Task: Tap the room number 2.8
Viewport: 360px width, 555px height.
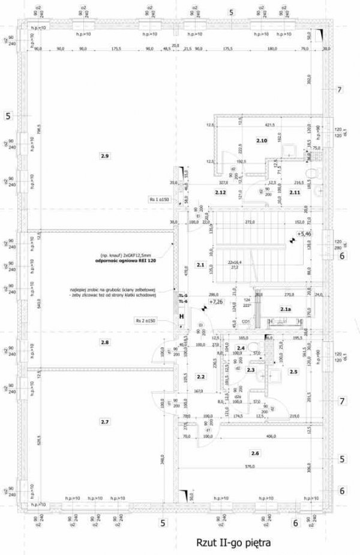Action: click(105, 342)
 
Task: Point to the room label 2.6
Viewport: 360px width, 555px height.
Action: click(256, 452)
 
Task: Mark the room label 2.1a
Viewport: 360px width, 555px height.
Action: click(286, 309)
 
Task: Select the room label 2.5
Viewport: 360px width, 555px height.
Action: click(293, 372)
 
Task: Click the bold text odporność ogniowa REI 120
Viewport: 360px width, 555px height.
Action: click(125, 262)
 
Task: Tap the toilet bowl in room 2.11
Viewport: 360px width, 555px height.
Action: click(309, 173)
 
